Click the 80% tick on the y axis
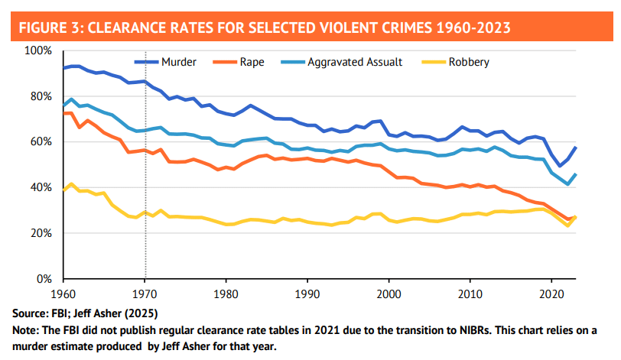40,96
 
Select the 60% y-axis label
40,142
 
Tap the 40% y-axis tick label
40,187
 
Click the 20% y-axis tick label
40,233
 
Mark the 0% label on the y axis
43,279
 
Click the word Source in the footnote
30,313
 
